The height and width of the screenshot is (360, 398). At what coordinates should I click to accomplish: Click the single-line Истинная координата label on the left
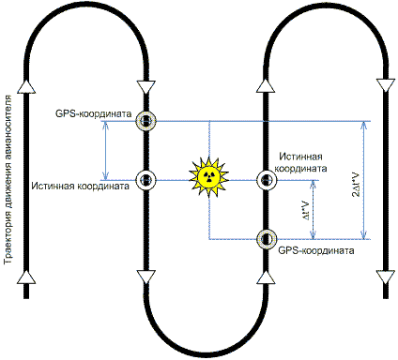[79, 187]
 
